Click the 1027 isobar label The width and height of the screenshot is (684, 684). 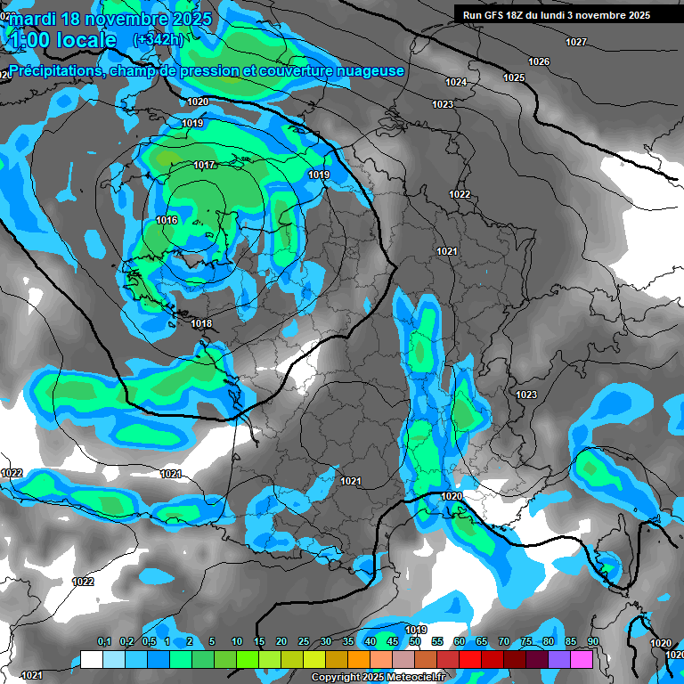(576, 42)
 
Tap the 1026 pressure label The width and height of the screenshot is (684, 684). (539, 61)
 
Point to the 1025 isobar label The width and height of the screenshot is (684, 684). (514, 77)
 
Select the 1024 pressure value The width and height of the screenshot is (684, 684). (456, 82)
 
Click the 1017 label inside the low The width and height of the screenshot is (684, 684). (204, 165)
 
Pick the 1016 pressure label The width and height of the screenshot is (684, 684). (167, 220)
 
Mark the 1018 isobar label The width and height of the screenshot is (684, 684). (202, 323)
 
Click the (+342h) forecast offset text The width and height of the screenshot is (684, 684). (159, 40)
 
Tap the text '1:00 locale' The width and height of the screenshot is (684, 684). (61, 40)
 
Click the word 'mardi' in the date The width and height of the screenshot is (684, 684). (30, 18)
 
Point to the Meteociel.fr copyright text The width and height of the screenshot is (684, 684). (379, 677)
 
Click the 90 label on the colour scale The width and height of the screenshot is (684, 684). (592, 641)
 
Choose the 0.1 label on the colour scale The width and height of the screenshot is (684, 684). (104, 641)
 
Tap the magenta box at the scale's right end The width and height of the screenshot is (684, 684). (581, 659)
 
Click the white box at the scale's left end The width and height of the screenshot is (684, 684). (91, 659)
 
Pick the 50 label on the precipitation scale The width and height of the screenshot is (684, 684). (414, 641)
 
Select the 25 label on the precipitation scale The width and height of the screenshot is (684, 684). (304, 641)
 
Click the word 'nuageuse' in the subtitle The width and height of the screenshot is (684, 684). (368, 70)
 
